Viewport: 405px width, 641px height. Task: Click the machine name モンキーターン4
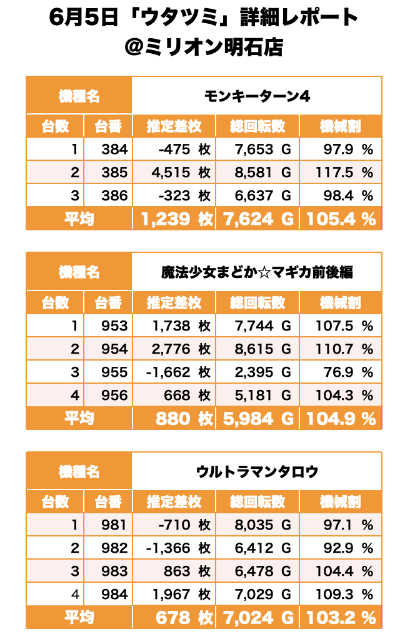click(257, 96)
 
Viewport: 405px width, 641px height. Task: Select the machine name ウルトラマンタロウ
click(257, 471)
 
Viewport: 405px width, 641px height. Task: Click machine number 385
click(114, 172)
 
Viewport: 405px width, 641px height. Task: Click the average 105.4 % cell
click(341, 219)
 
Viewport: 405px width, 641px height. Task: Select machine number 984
click(114, 595)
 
